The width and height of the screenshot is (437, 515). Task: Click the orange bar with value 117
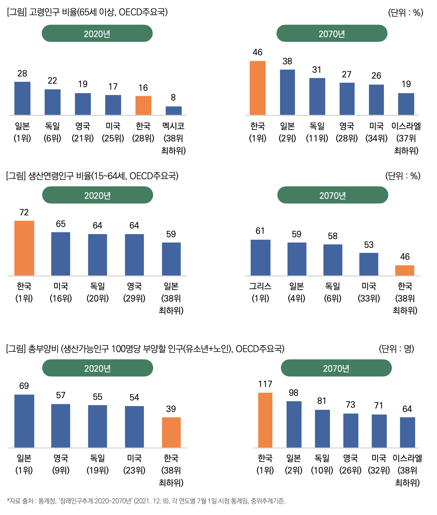pyautogui.click(x=265, y=420)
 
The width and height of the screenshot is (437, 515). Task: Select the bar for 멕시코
pyautogui.click(x=174, y=111)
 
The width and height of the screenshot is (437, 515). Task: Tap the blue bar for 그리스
pyautogui.click(x=260, y=257)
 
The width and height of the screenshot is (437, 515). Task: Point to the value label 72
pyautogui.click(x=24, y=213)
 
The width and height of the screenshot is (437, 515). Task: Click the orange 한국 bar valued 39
pyautogui.click(x=171, y=432)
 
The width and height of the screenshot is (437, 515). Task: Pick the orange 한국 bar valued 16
pyautogui.click(x=143, y=105)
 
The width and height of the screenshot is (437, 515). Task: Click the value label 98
pyautogui.click(x=293, y=393)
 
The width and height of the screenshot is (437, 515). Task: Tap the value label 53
pyautogui.click(x=369, y=245)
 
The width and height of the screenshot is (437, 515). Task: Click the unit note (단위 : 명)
pyautogui.click(x=396, y=349)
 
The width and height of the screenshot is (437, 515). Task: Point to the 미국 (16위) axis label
pyautogui.click(x=61, y=292)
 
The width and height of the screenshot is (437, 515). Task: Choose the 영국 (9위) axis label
pyautogui.click(x=61, y=464)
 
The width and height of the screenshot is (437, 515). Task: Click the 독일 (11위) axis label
pyautogui.click(x=317, y=132)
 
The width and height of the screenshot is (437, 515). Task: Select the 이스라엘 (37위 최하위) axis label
pyautogui.click(x=406, y=138)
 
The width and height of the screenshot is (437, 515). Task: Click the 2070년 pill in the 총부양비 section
pyautogui.click(x=336, y=368)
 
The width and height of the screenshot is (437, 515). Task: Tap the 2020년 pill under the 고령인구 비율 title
pyautogui.click(x=97, y=33)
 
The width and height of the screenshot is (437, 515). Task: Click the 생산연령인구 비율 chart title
pyautogui.click(x=92, y=176)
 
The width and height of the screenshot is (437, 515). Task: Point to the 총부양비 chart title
pyautogui.click(x=145, y=349)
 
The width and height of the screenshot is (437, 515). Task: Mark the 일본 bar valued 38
pyautogui.click(x=287, y=92)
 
